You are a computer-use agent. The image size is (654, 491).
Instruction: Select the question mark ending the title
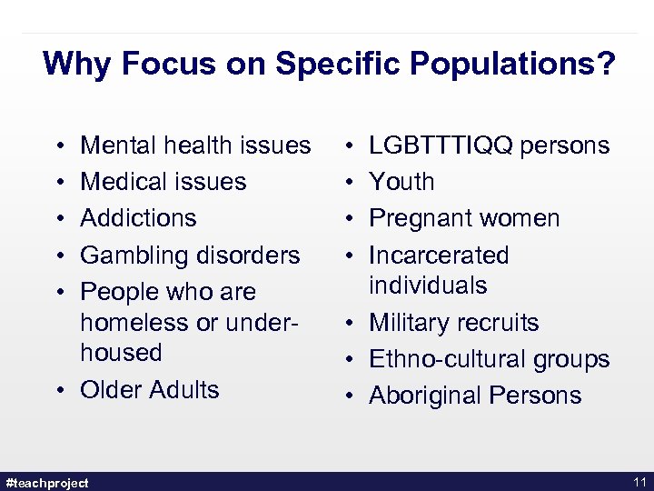606,65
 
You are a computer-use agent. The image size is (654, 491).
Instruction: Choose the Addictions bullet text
138,218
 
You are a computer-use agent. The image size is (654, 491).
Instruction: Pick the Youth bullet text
401,182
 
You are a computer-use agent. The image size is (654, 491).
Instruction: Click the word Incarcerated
439,256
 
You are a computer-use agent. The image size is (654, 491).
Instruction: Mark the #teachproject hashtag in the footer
47,483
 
